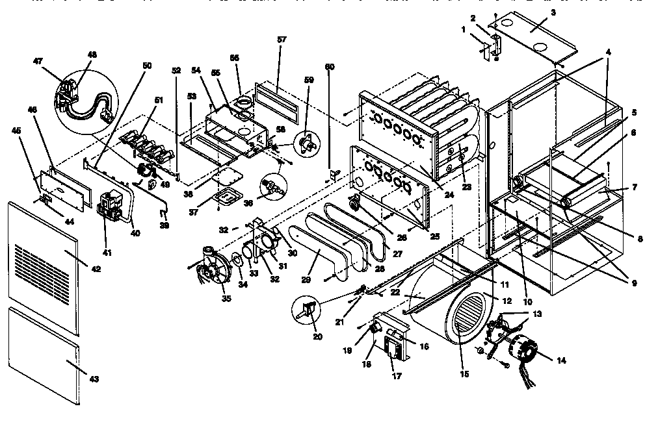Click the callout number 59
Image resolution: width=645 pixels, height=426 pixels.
(x=308, y=81)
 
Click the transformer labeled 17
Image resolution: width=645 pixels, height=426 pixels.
(x=392, y=347)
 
